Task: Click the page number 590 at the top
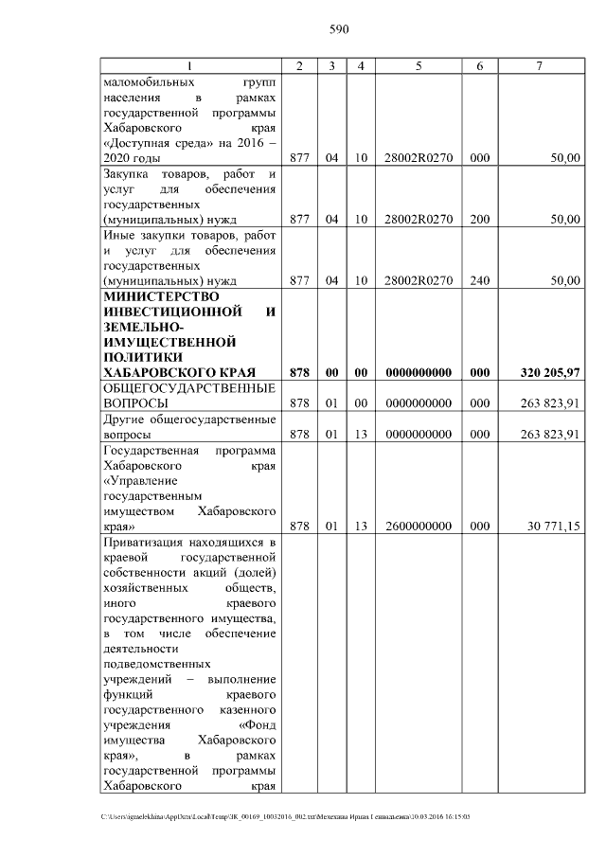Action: pos(339,29)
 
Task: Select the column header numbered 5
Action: pos(418,66)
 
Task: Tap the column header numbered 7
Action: pos(539,66)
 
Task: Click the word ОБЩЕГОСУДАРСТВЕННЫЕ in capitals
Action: pos(188,388)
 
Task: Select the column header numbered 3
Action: pos(331,66)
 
